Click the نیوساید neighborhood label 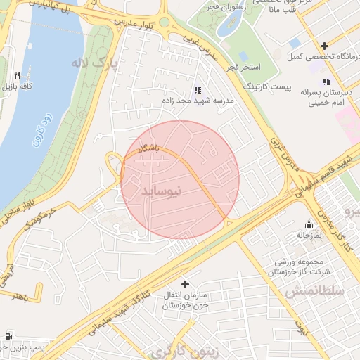click(162, 191)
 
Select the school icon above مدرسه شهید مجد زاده click(197, 90)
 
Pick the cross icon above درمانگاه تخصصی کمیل click(324, 45)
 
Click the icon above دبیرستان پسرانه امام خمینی click(326, 82)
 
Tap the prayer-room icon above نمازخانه click(307, 224)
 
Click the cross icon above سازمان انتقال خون click(185, 284)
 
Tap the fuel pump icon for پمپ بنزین click(8, 335)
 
